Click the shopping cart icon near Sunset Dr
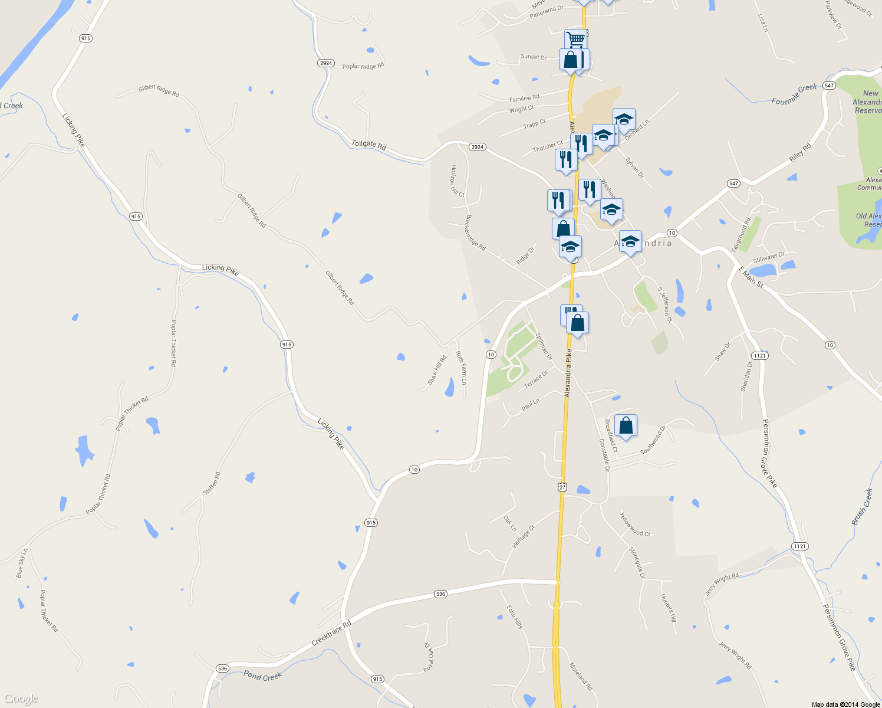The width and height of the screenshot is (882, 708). tap(575, 40)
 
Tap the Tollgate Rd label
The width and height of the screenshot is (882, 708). tap(369, 144)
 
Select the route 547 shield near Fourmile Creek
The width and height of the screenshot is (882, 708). tap(830, 86)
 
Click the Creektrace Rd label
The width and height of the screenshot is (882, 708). tap(331, 632)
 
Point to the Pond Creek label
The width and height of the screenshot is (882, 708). tap(263, 676)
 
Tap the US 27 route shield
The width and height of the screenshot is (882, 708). tap(562, 487)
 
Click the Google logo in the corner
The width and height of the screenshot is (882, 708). tap(21, 699)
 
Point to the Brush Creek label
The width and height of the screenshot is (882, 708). tap(862, 507)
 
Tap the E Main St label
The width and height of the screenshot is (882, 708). tap(751, 277)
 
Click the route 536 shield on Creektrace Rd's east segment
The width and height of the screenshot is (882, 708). tap(440, 594)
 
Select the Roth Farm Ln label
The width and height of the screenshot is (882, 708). tap(461, 368)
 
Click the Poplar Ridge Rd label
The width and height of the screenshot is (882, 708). tap(363, 66)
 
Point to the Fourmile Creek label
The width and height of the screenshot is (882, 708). tap(794, 94)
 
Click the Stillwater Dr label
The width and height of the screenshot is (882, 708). tap(769, 258)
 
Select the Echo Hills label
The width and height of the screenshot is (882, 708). tap(515, 616)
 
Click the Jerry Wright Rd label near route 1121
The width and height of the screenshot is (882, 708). tap(721, 584)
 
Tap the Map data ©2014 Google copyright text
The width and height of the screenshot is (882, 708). tap(845, 704)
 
